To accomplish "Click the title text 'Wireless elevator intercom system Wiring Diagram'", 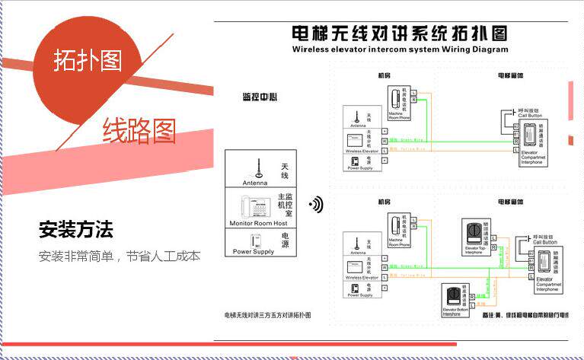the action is (x=400, y=49).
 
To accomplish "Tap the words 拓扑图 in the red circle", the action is (x=88, y=60).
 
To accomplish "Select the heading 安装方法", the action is (x=75, y=228).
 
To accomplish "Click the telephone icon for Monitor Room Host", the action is (x=256, y=208).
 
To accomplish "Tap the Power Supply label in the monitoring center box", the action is (x=254, y=251).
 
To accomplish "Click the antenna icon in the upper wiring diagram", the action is (x=355, y=118).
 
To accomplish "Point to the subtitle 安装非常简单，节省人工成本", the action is (x=120, y=256).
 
